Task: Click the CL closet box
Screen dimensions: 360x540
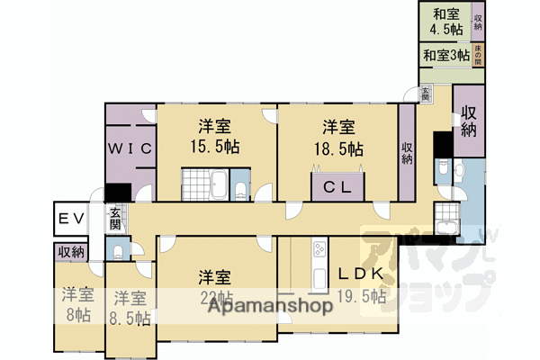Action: click(337, 187)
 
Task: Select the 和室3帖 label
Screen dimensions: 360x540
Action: click(446, 56)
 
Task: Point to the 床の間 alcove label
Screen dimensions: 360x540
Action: click(478, 56)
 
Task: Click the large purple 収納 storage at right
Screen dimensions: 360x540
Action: click(469, 121)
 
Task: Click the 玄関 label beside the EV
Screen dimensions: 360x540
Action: click(117, 220)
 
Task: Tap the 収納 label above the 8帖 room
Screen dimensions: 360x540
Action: click(72, 252)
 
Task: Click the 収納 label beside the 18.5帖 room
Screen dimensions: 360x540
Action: click(407, 152)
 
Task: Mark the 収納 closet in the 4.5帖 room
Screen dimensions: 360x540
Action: click(478, 22)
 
